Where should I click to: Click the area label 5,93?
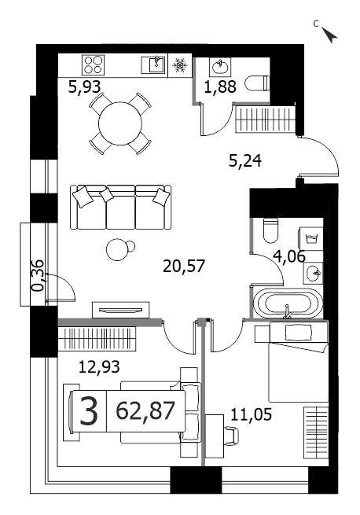coord(84,87)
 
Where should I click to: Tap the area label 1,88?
coord(220,87)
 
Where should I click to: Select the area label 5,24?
coord(245,161)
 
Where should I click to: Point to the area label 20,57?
coord(184,266)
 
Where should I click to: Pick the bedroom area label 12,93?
coord(99,366)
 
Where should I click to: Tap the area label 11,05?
coord(252,414)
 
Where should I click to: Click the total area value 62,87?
coord(145,410)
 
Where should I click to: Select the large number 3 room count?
coord(89,410)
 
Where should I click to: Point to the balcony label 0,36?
coord(38,275)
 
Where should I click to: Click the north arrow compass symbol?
coord(329,35)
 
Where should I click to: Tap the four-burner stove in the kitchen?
coord(93,64)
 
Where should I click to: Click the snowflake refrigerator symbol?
coord(180,65)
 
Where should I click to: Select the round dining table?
coord(120,123)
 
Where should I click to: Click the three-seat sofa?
coord(121,207)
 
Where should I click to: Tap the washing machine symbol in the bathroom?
coord(310,238)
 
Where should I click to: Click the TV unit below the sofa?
coord(121,310)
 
